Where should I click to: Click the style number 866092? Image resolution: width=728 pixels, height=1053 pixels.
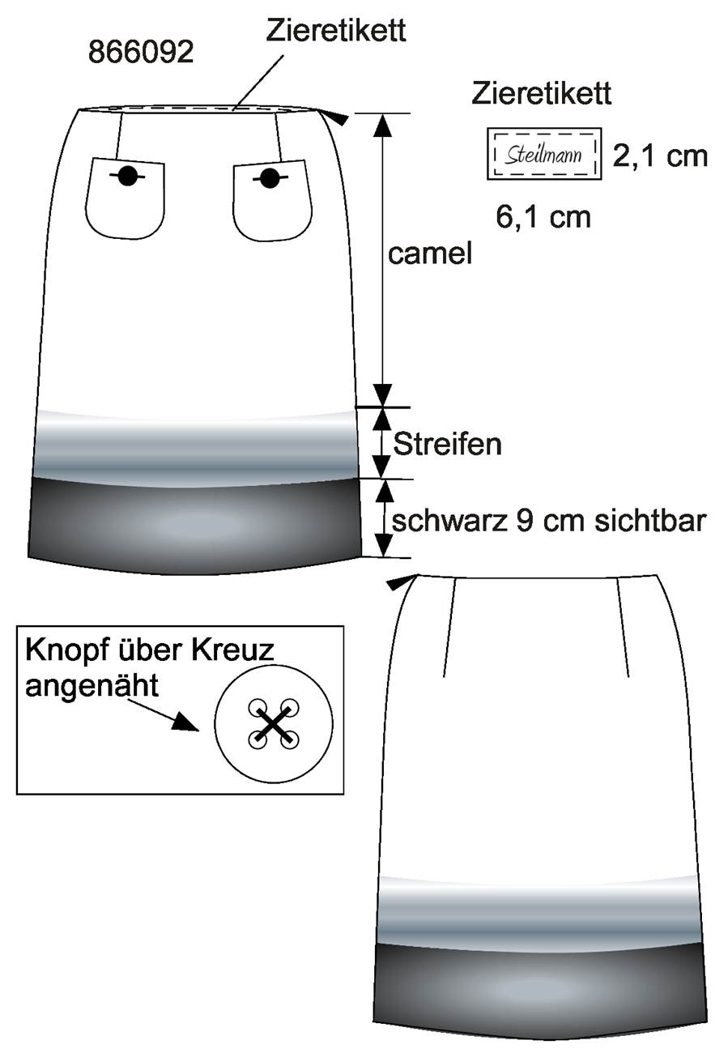[x=141, y=52]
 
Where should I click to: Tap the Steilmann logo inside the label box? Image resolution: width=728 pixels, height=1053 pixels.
[x=543, y=154]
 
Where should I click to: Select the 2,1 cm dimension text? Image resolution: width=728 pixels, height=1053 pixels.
[x=660, y=156]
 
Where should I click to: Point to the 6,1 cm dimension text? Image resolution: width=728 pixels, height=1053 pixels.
[x=543, y=217]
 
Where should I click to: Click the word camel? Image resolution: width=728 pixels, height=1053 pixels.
[x=429, y=254]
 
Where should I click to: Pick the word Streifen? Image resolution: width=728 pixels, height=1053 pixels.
[x=447, y=444]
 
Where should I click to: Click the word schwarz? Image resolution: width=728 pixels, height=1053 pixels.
[x=449, y=522]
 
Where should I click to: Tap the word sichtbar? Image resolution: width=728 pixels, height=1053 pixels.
[x=650, y=522]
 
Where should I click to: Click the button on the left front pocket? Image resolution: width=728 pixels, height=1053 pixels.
[x=127, y=176]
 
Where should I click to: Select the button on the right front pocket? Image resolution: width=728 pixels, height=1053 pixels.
[x=270, y=178]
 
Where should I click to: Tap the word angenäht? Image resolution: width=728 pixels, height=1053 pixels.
[x=92, y=687]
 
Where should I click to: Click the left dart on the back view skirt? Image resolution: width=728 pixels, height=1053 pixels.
[x=449, y=628]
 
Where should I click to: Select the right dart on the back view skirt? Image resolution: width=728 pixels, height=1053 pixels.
[x=624, y=628]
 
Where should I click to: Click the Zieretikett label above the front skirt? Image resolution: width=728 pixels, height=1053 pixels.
[x=335, y=31]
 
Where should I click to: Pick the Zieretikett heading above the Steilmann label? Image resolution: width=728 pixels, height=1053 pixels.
[x=541, y=93]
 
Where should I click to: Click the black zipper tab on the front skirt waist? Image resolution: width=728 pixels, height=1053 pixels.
[x=338, y=118]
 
